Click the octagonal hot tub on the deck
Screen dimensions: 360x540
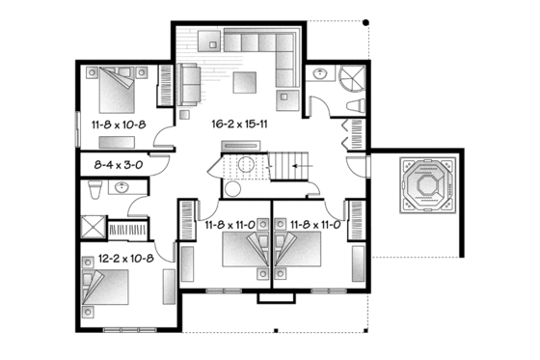coord(424,184)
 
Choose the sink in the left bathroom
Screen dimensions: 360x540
coord(121,188)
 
